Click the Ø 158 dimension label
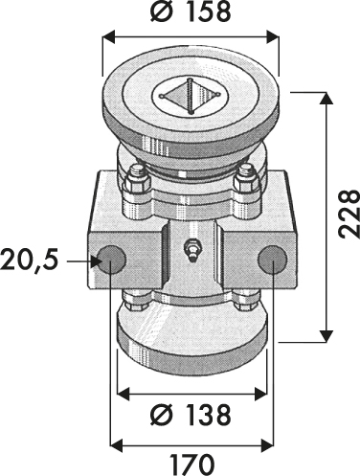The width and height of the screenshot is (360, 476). point(191,12)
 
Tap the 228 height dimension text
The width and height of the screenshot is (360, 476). point(349,214)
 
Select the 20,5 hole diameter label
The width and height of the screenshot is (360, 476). point(30,260)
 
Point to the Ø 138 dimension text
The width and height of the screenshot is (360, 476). point(191,415)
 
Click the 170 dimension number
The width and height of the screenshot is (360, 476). point(191,465)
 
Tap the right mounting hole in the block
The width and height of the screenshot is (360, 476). point(273,260)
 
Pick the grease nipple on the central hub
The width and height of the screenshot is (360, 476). point(191,251)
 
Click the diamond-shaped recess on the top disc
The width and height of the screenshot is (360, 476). point(191,95)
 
